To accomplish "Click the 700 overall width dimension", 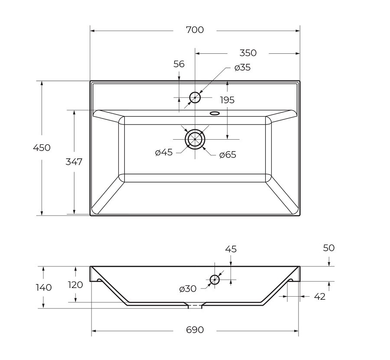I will (195, 30).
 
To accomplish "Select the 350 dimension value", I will (248, 53).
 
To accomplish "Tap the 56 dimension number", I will (179, 64).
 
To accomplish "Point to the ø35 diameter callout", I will (242, 68).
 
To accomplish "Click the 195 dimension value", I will (227, 100).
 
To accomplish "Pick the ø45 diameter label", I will (164, 152).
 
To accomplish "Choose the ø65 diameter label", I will (227, 155).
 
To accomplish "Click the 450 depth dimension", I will (42, 147).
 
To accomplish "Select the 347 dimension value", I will (74, 162).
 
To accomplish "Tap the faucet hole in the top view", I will (195, 97).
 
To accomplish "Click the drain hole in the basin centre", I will (195, 139).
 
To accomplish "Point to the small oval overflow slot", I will (214, 114).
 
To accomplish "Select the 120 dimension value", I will (75, 285).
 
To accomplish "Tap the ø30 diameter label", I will (187, 289).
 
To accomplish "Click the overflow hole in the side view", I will (214, 280).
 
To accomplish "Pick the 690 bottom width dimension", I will (195, 330).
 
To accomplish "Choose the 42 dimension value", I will (319, 297).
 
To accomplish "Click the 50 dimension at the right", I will (329, 248).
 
